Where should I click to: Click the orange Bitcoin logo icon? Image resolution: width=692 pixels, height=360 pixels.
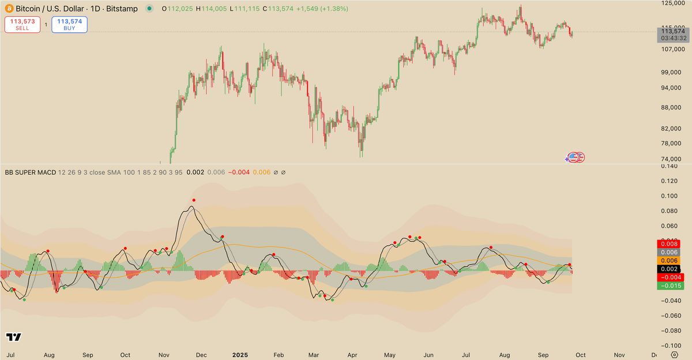[9, 9]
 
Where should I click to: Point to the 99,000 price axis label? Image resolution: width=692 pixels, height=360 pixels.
[672, 72]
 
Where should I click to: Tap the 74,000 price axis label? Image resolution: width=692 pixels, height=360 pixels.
[672, 159]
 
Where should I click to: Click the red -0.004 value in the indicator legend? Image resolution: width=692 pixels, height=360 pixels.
[238, 172]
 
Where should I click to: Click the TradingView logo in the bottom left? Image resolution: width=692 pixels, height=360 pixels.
[13, 337]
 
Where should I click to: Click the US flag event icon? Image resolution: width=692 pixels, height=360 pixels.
[573, 157]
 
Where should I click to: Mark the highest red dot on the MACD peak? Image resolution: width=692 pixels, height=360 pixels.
[194, 200]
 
